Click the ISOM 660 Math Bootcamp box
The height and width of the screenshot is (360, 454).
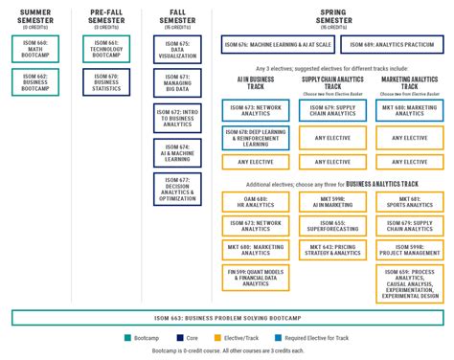pyautogui.click(x=35, y=49)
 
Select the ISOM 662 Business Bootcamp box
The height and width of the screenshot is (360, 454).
pyautogui.click(x=35, y=81)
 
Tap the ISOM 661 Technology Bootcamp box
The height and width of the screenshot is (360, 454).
pyautogui.click(x=106, y=49)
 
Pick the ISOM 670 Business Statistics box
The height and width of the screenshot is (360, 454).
pyautogui.click(x=106, y=81)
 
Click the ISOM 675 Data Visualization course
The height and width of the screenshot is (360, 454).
pyautogui.click(x=177, y=50)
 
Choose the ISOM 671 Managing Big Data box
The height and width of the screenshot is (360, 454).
pyautogui.click(x=177, y=82)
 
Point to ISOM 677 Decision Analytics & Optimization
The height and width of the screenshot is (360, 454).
pyautogui.click(x=177, y=190)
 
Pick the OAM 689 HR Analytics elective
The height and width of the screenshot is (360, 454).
pyautogui.click(x=256, y=202)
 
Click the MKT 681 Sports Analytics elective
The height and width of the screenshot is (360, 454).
pyautogui.click(x=409, y=202)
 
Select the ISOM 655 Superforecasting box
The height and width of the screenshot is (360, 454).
pyautogui.click(x=332, y=226)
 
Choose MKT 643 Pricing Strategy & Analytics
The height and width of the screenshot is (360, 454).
pyautogui.click(x=332, y=250)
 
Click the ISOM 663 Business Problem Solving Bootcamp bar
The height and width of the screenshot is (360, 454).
pyautogui.click(x=227, y=317)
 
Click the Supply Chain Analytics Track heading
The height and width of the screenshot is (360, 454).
pyautogui.click(x=332, y=84)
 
